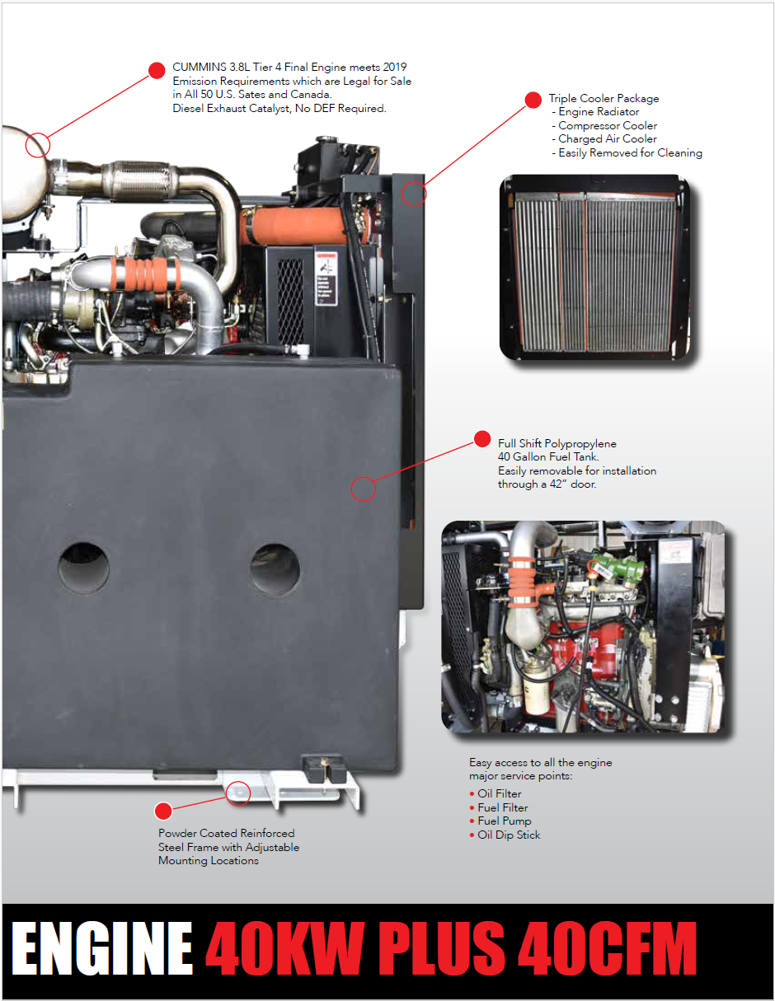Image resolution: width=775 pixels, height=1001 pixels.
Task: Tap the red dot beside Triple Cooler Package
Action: click(533, 100)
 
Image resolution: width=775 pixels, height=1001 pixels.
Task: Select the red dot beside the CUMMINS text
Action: click(157, 71)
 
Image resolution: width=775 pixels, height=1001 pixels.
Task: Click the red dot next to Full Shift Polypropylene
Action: click(482, 439)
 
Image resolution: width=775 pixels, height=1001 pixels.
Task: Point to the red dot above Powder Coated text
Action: click(163, 812)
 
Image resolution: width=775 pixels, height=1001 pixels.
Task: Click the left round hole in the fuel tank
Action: click(84, 568)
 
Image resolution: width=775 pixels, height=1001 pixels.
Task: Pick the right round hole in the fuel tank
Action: click(275, 569)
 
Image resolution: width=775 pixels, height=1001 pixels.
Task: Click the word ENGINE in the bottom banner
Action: click(102, 949)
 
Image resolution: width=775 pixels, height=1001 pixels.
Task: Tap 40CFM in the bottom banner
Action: click(608, 949)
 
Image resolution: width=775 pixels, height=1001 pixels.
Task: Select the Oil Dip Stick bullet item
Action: click(505, 835)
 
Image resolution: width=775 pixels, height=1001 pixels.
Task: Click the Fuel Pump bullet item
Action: click(500, 821)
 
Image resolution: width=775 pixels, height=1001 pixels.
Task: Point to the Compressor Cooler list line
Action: click(604, 126)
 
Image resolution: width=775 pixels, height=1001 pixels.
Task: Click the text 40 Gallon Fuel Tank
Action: click(548, 457)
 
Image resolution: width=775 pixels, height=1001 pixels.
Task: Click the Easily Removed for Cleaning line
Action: click(627, 153)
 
